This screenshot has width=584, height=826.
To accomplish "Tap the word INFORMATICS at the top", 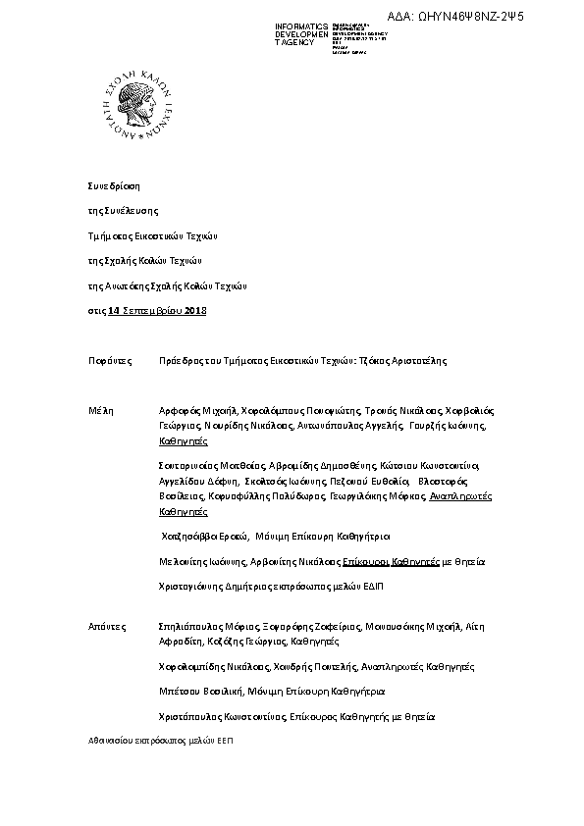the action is (x=301, y=26).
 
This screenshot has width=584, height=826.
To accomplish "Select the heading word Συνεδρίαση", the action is (x=114, y=184).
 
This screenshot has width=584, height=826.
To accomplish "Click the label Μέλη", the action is (x=101, y=412).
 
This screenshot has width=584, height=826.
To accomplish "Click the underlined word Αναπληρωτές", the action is (x=461, y=497).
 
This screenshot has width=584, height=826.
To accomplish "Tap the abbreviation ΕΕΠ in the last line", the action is (x=226, y=743).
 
